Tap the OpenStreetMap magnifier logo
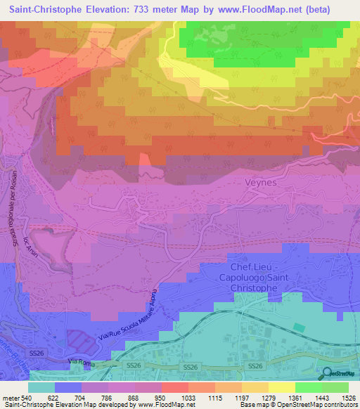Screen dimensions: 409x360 (327, 373)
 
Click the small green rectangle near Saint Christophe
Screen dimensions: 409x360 (300, 327)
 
